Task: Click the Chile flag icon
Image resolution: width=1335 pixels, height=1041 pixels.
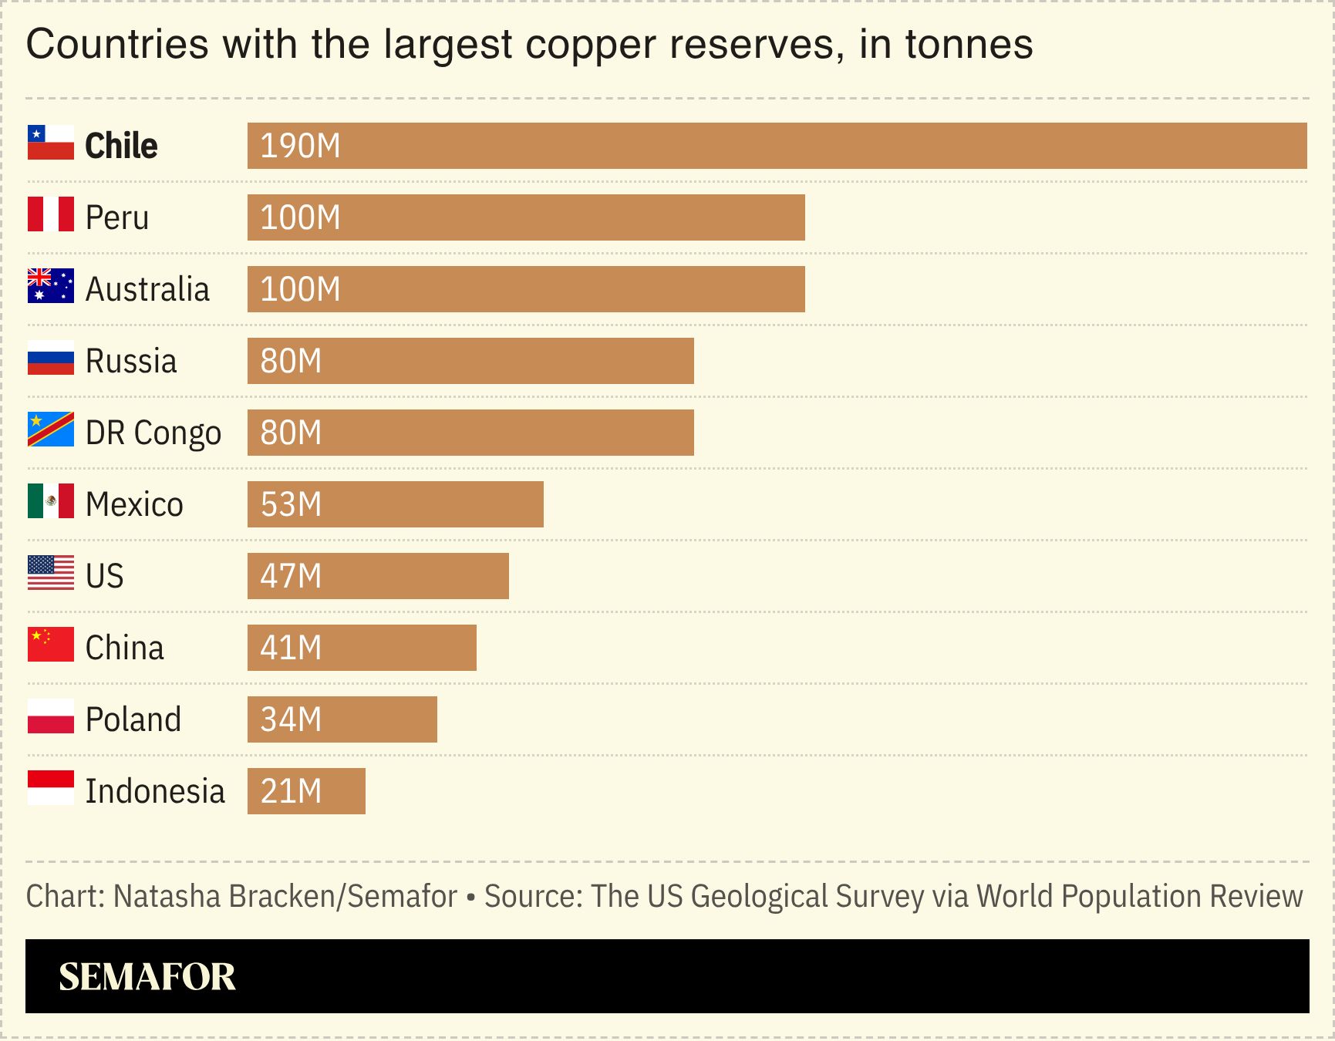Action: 50,143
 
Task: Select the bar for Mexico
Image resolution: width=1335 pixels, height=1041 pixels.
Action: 395,504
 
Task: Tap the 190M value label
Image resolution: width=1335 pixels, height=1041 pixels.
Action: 300,146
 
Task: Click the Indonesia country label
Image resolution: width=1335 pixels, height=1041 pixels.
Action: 155,791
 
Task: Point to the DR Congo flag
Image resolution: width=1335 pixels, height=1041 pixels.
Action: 50,430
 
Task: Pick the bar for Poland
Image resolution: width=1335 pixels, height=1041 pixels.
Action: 342,719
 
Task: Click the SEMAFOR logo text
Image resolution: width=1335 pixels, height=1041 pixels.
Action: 147,977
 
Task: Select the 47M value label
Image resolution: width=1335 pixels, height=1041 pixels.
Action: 291,576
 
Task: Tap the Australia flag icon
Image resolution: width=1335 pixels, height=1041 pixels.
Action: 50,287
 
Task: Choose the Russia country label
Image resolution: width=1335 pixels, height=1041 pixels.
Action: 131,361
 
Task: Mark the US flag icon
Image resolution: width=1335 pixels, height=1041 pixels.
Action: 50,574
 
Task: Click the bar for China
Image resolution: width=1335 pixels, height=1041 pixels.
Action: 362,648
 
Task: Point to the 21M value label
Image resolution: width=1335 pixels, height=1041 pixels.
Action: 291,791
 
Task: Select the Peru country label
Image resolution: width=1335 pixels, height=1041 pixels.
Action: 117,217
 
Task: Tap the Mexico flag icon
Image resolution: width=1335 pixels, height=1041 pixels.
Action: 50,502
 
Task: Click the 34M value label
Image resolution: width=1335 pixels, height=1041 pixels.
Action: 291,719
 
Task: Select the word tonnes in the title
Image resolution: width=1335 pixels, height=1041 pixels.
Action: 969,45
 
